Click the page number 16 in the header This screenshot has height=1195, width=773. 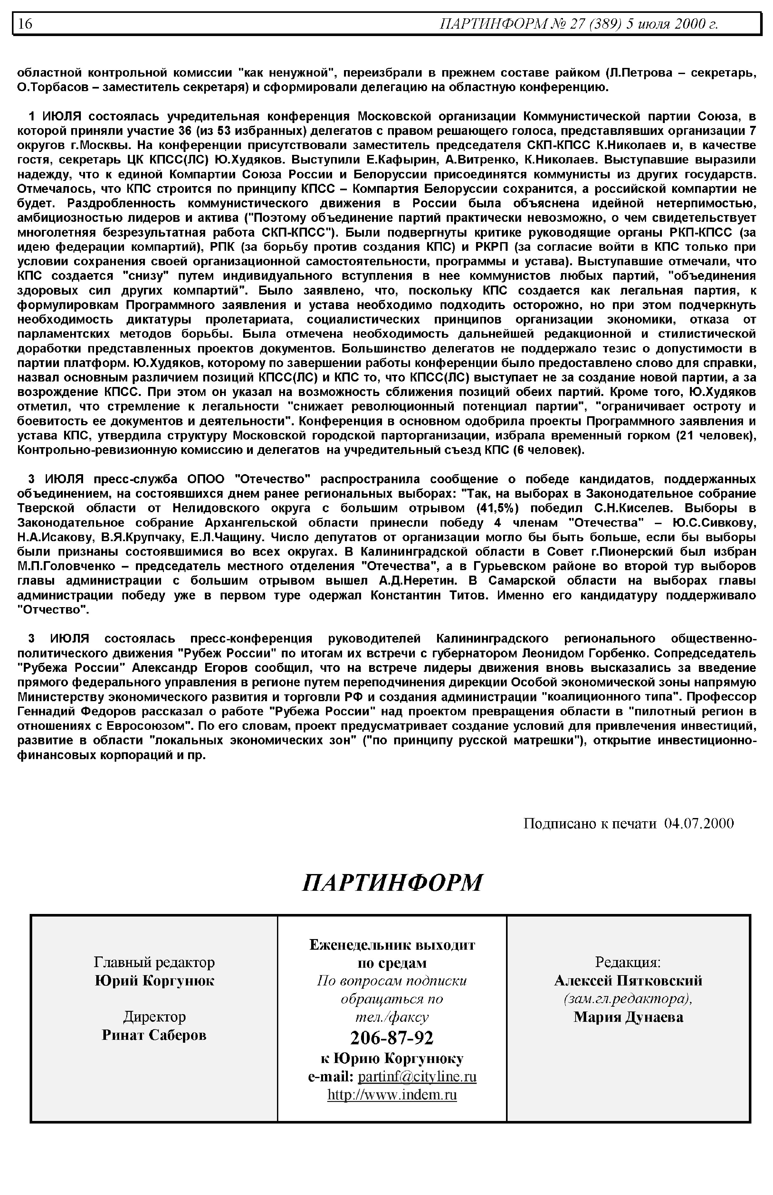(x=25, y=24)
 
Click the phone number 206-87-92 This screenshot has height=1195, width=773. (x=392, y=1038)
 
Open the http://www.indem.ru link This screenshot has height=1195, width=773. (x=392, y=1095)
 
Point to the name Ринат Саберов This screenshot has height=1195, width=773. (x=154, y=1035)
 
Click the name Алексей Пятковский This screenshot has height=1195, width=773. (x=628, y=980)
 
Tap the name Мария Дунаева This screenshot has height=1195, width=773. (x=628, y=1017)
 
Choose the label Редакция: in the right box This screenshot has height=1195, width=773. (x=628, y=962)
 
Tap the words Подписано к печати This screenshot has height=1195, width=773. (x=590, y=823)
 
